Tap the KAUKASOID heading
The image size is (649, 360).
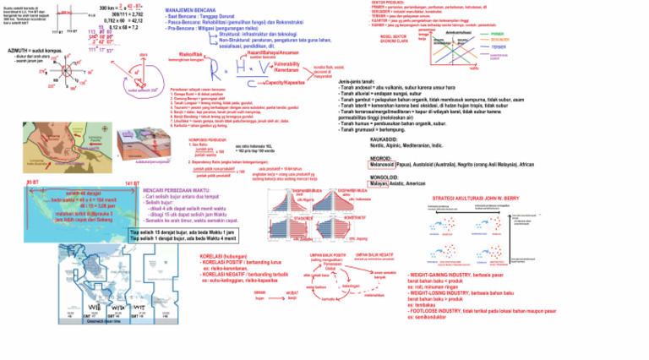pos(385,139)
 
